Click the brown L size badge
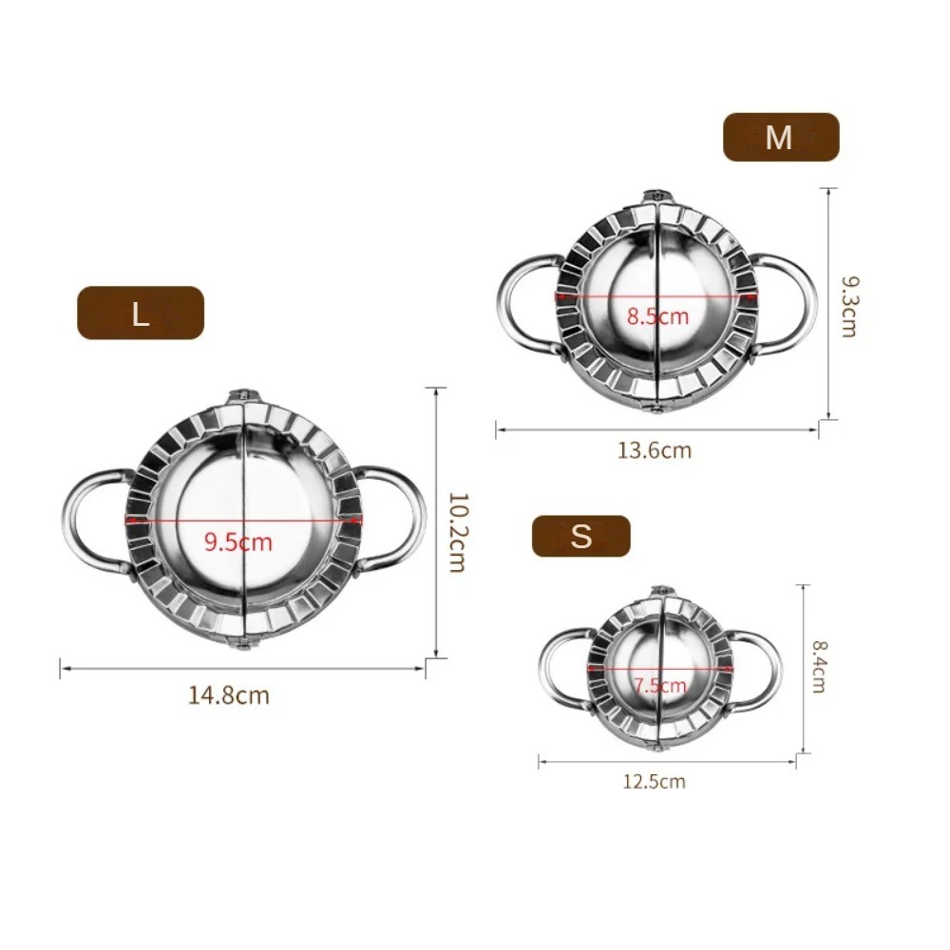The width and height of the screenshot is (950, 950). coord(141,313)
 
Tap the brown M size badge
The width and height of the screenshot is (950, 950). coord(781,137)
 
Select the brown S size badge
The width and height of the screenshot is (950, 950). coord(580,537)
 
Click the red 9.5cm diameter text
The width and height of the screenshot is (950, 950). coord(237,542)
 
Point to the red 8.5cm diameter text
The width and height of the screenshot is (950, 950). coord(656,316)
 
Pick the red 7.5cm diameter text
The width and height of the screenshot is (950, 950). coord(660,686)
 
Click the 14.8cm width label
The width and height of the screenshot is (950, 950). coord(229,695)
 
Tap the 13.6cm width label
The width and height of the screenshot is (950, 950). coord(655,450)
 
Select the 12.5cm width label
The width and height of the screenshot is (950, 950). coord(654,782)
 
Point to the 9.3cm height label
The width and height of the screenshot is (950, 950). coord(848,306)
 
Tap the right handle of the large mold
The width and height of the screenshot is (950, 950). coord(399,518)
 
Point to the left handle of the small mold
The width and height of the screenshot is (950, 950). coord(559,670)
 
